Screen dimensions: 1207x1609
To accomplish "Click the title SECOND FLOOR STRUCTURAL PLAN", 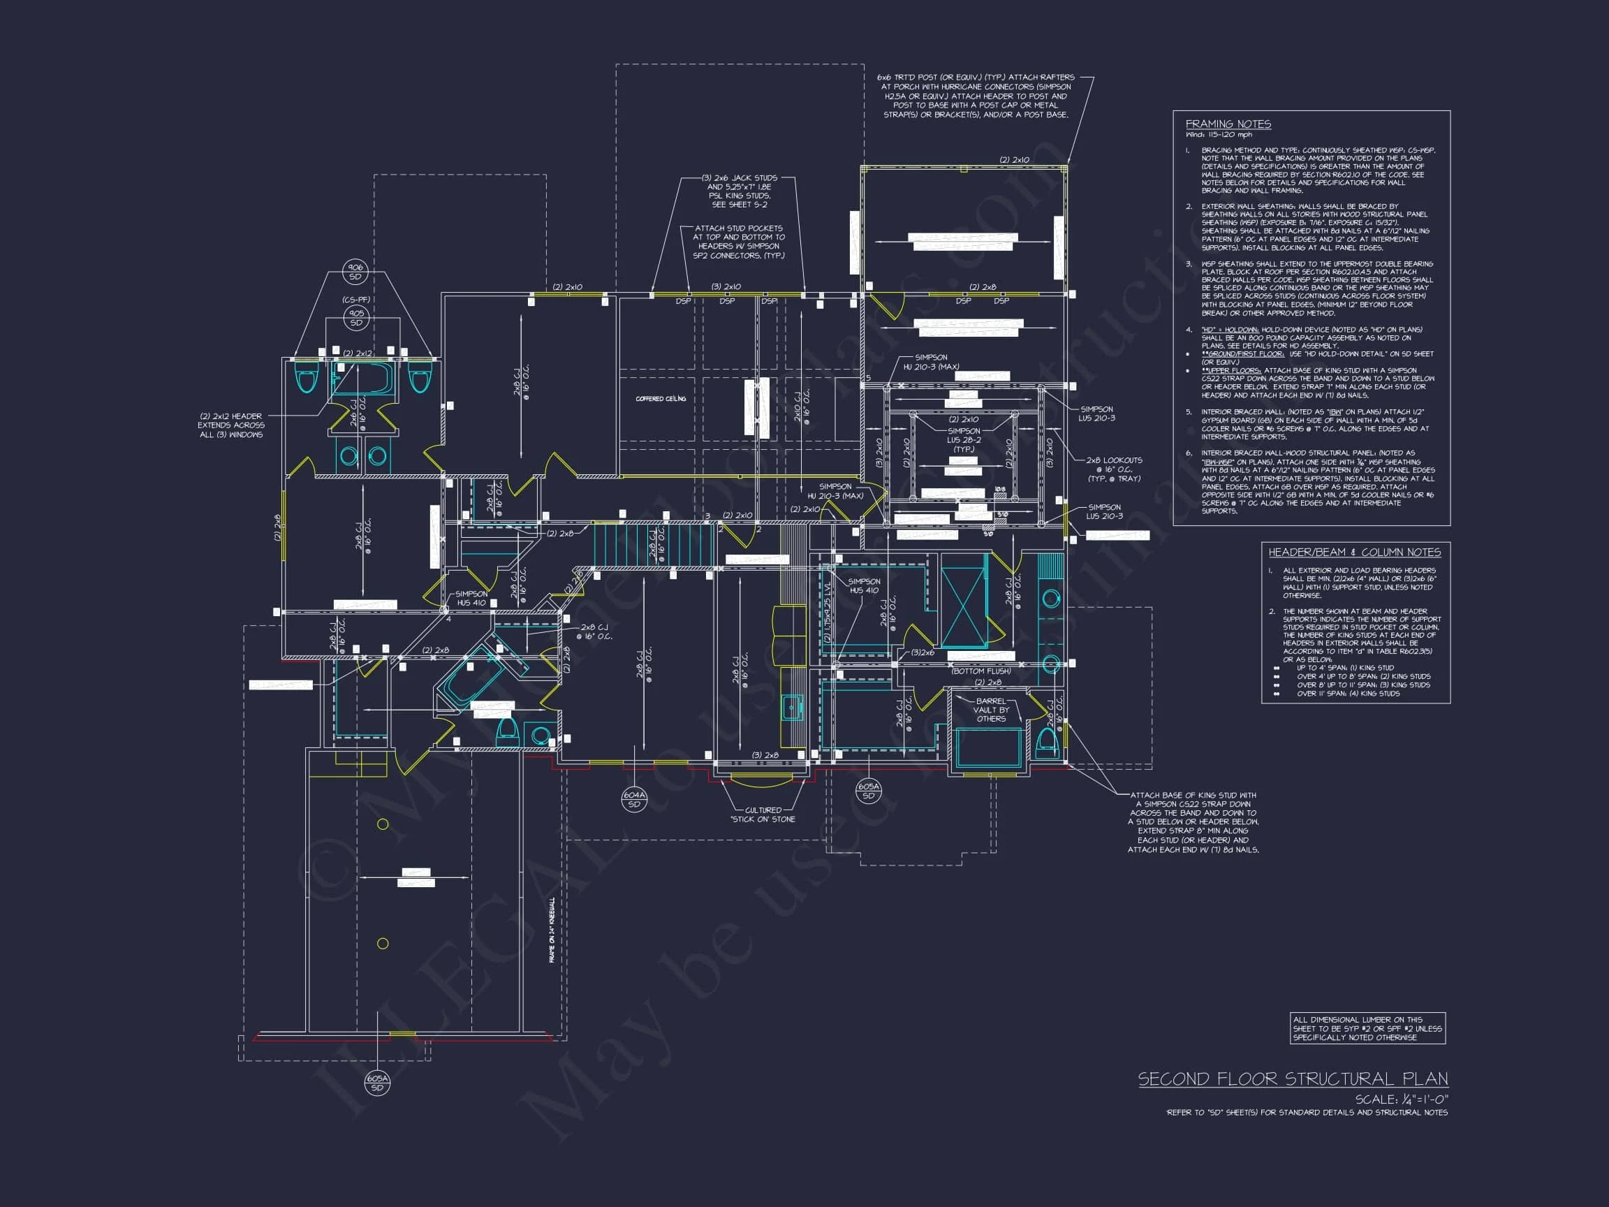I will (1293, 1079).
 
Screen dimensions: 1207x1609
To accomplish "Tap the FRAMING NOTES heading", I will (1228, 124).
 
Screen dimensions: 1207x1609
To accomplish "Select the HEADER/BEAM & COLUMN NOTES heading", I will (1354, 553).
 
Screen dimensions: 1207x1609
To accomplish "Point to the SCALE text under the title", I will (1401, 1099).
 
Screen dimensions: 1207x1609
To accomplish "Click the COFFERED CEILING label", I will (661, 399).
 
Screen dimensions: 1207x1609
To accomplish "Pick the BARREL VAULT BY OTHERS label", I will (991, 710).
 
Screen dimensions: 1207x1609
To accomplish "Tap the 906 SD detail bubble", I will (355, 272).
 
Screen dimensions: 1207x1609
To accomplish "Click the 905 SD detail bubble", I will (355, 318).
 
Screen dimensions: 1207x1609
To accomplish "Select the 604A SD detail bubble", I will (634, 800).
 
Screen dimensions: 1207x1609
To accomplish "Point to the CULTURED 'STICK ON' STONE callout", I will (763, 815).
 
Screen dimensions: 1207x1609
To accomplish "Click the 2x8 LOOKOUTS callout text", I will (1114, 469).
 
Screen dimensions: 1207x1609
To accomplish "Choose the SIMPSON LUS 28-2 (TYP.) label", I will (964, 440).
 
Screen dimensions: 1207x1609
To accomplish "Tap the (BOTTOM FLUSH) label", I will (980, 671).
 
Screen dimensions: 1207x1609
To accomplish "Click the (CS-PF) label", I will (355, 300).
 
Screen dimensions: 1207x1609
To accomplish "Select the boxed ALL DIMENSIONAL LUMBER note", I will (1367, 1029).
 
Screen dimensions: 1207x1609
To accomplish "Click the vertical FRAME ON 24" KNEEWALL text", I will (552, 930).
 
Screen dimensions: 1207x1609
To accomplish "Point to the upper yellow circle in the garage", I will (383, 824).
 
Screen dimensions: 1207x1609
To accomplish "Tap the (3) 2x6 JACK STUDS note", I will (739, 191).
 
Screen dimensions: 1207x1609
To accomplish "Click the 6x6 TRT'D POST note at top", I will (976, 96).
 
